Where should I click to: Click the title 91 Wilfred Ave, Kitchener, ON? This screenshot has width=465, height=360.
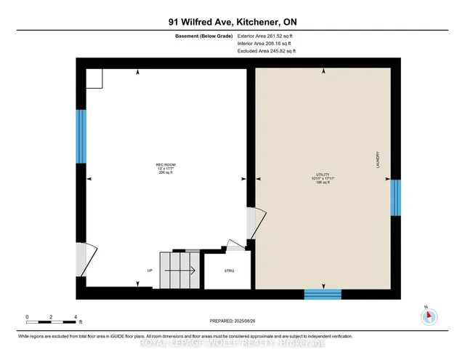point(232,22)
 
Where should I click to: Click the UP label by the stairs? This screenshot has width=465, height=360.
point(150,271)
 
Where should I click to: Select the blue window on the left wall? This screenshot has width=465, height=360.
point(81,136)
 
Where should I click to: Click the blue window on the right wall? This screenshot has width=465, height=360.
point(395,198)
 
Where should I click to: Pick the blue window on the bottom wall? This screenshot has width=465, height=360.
point(322,294)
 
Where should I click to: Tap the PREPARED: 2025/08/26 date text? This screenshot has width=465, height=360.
point(232,320)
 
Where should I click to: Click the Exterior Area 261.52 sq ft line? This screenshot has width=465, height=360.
point(266,36)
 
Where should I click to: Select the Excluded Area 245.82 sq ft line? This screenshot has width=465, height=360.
point(267,51)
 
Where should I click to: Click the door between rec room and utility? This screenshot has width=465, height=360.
point(251,223)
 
